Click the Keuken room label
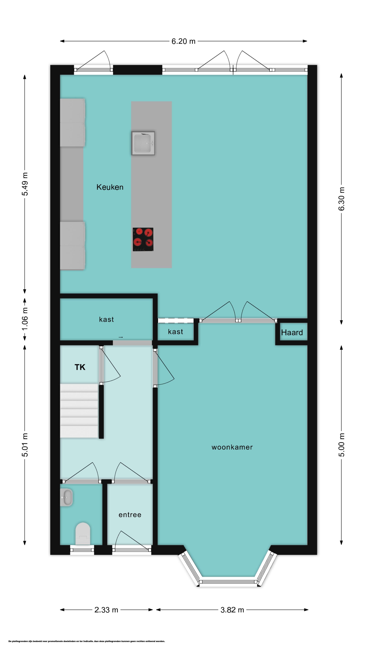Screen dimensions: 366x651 110,187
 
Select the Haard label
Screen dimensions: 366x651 292,333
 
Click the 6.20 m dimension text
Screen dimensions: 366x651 183,41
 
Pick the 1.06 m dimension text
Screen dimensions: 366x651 25,319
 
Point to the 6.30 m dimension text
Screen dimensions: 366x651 341,199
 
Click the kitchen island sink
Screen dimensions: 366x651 143,143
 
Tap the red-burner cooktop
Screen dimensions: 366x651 143,239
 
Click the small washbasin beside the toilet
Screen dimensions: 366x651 66,497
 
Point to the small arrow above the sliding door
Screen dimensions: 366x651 121,337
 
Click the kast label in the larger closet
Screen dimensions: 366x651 106,319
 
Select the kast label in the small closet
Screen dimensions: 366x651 176,332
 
